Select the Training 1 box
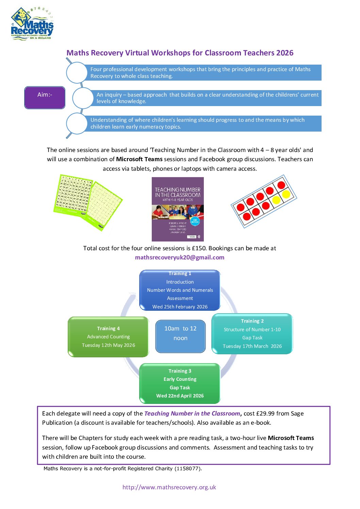(180, 290)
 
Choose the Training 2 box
(252, 333)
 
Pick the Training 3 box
(180, 383)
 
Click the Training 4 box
(108, 337)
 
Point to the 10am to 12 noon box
(180, 336)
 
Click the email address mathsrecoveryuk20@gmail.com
(180, 257)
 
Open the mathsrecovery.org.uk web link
(169, 487)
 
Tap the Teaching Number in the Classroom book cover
(178, 209)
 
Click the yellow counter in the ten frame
(286, 194)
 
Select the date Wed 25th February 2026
(180, 307)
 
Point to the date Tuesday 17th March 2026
(252, 346)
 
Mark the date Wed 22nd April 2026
(180, 396)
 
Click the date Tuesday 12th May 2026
(108, 345)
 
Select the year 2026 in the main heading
(285, 53)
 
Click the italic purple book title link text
(192, 413)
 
